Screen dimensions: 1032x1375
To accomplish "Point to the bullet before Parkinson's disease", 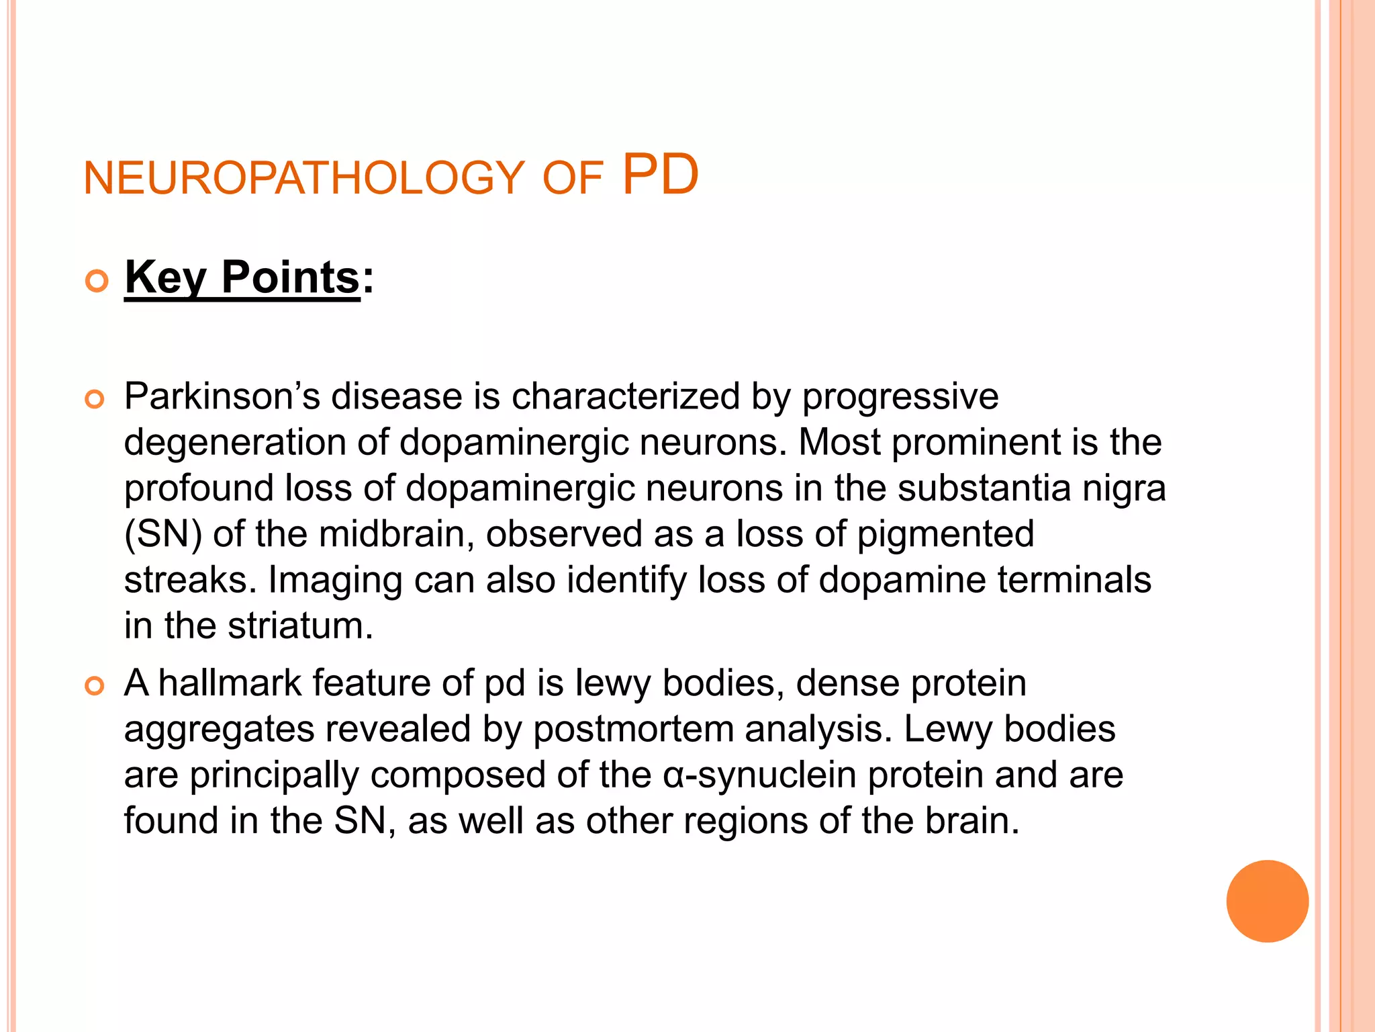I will [x=95, y=400].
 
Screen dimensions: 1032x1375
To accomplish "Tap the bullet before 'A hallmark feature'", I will [x=95, y=687].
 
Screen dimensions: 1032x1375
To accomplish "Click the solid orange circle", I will [x=1267, y=901].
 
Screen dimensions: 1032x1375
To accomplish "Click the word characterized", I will [x=626, y=396].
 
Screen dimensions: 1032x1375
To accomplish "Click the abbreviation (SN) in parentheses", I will [x=162, y=534].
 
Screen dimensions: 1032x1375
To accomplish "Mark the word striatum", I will [x=300, y=626].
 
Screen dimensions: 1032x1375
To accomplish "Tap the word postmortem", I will [x=633, y=729].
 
